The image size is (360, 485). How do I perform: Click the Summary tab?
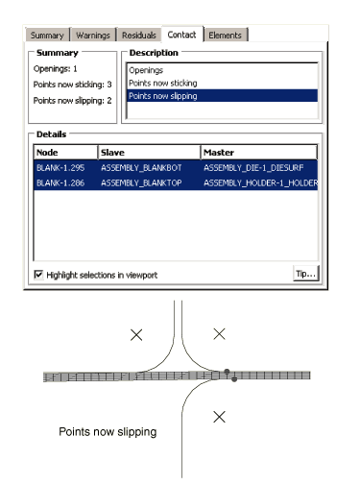(47, 35)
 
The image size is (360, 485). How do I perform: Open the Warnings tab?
(93, 35)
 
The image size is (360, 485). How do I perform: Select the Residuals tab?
(139, 35)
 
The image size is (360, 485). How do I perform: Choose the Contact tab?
(181, 35)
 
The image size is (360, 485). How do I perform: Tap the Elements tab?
(225, 35)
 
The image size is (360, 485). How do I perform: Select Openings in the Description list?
(146, 70)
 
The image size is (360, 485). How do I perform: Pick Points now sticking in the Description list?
(163, 83)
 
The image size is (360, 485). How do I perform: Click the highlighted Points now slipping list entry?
(223, 96)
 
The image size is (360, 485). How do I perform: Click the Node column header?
(65, 152)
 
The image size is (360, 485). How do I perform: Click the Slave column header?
(149, 152)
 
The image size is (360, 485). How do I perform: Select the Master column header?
(259, 152)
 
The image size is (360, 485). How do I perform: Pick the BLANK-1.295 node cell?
(60, 167)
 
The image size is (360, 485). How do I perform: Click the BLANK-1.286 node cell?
(60, 182)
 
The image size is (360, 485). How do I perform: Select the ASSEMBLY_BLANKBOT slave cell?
(141, 167)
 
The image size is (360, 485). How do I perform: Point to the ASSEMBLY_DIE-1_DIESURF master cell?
(253, 167)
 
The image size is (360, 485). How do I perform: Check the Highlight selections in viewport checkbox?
(38, 275)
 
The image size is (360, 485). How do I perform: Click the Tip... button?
(306, 274)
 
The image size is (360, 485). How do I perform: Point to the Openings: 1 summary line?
(55, 68)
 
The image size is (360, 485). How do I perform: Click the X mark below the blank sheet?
(219, 417)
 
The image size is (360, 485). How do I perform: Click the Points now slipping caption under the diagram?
(108, 431)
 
